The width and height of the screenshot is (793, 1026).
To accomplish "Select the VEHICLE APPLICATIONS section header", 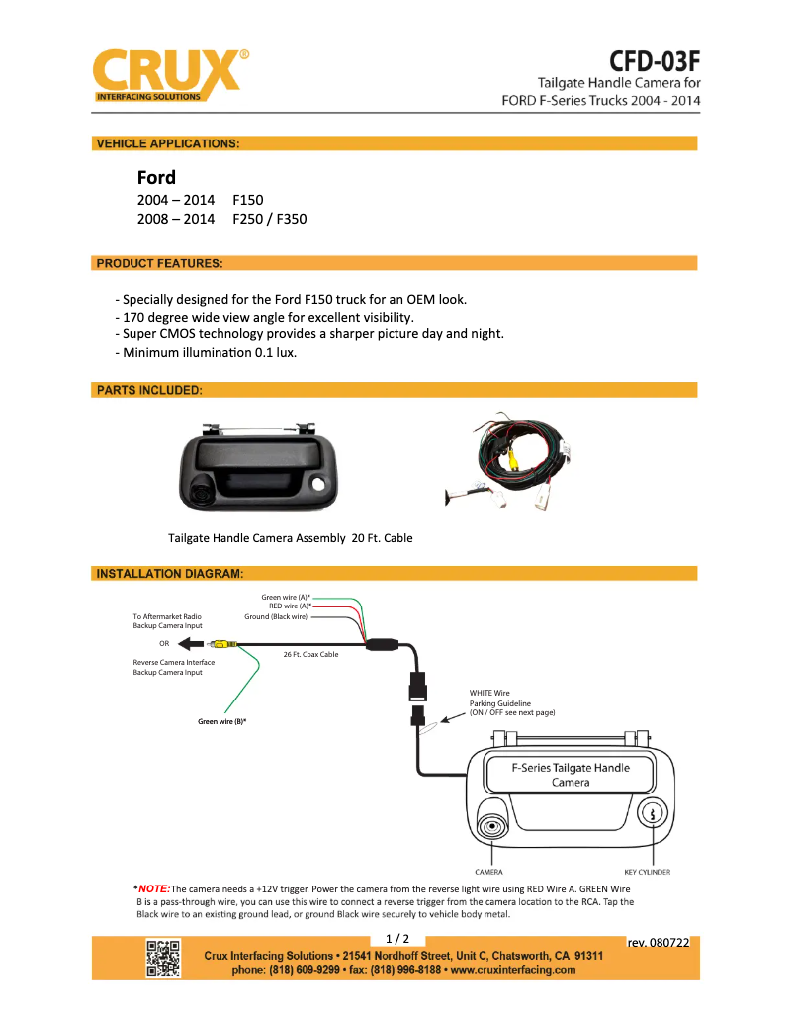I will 167,143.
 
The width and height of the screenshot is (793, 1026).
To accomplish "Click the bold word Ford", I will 156,178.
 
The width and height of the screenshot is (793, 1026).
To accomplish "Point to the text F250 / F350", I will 270,219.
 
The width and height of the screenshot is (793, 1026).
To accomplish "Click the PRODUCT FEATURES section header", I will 159,263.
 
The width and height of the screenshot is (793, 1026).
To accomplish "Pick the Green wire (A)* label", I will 286,598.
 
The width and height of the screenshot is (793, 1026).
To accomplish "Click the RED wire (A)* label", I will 290,606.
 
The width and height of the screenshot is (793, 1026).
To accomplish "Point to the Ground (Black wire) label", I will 276,616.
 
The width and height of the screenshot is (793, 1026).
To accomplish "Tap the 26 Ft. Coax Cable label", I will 310,654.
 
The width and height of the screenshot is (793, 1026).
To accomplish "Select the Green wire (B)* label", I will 221,721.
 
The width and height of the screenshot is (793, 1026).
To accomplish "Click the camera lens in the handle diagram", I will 489,827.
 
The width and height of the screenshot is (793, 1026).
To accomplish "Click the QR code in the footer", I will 163,959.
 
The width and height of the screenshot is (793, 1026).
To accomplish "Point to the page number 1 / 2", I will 396,938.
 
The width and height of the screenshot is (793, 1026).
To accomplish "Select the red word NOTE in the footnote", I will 154,888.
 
